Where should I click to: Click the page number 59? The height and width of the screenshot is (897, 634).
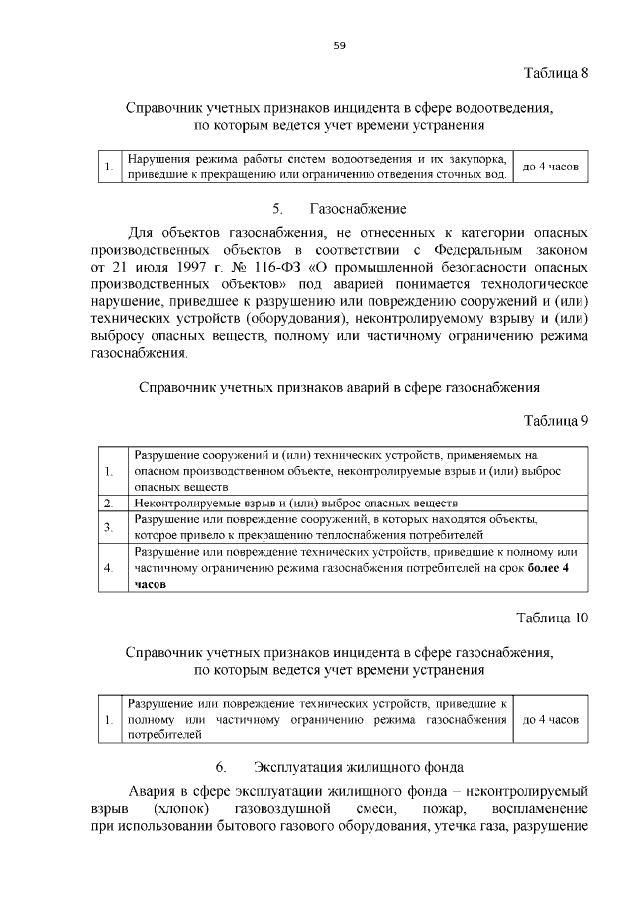tap(338, 45)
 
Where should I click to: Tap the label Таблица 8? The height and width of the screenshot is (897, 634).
tap(556, 74)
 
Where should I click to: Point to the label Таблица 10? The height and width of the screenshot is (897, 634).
tap(553, 617)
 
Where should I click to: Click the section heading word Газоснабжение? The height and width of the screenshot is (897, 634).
tap(358, 209)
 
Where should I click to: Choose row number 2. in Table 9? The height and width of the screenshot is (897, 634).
tap(109, 504)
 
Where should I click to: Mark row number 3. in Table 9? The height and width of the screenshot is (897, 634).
tap(109, 527)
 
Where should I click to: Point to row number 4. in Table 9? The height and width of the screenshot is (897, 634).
tap(109, 568)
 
